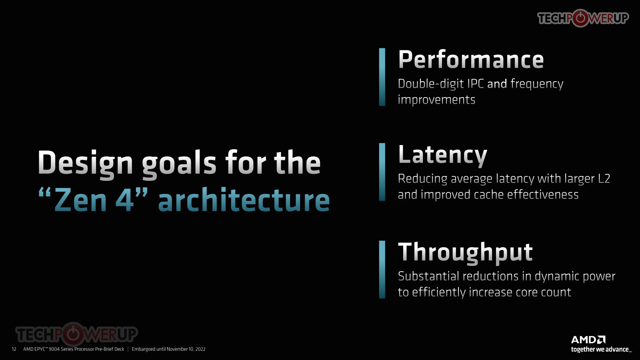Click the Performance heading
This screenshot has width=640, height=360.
(471, 60)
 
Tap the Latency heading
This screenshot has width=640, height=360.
(442, 156)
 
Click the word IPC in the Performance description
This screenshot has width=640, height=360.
(476, 84)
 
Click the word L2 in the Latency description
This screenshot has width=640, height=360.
(604, 179)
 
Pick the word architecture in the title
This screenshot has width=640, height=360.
(244, 200)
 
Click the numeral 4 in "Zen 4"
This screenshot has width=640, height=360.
(124, 200)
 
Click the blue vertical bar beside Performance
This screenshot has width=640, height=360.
(382, 77)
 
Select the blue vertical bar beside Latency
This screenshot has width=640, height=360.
(382, 172)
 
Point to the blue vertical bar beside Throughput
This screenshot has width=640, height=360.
(382, 270)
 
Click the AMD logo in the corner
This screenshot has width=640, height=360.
(588, 340)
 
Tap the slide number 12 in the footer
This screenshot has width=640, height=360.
(14, 349)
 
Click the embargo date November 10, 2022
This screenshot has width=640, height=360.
(186, 349)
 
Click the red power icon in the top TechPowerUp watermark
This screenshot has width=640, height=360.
(580, 18)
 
